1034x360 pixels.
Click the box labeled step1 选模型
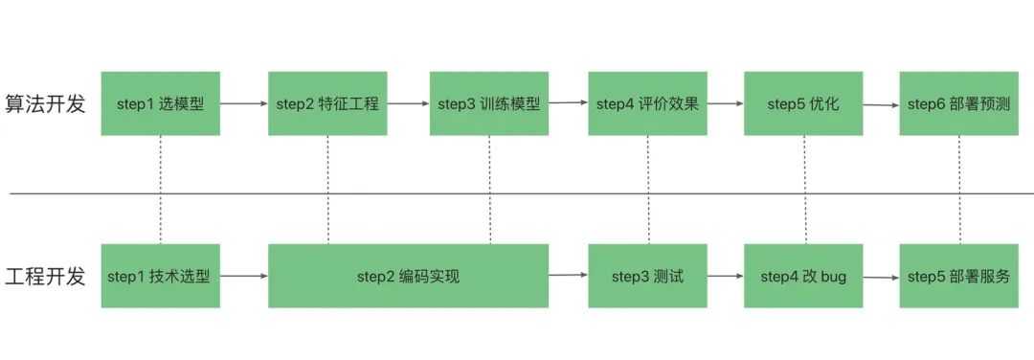tap(161, 103)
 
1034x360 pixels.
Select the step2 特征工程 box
tap(327, 103)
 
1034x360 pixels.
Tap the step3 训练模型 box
tap(489, 103)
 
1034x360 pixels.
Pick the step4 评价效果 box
tap(647, 103)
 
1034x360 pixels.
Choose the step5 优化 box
tap(803, 103)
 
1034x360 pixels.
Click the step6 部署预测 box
tap(958, 103)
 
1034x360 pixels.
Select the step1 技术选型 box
tap(161, 277)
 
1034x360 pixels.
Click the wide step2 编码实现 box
tap(409, 277)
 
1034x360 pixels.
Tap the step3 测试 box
tap(647, 277)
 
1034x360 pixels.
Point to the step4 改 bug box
tap(803, 277)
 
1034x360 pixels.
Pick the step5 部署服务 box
tap(958, 277)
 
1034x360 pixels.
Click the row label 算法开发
tap(46, 104)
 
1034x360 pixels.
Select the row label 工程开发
tap(46, 278)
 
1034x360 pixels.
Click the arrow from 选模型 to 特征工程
tap(244, 103)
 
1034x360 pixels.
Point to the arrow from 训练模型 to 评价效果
tap(569, 102)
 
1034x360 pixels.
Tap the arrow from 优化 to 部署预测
tap(881, 104)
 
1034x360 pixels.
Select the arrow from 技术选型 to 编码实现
tap(244, 277)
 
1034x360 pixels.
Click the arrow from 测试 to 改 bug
tap(725, 277)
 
